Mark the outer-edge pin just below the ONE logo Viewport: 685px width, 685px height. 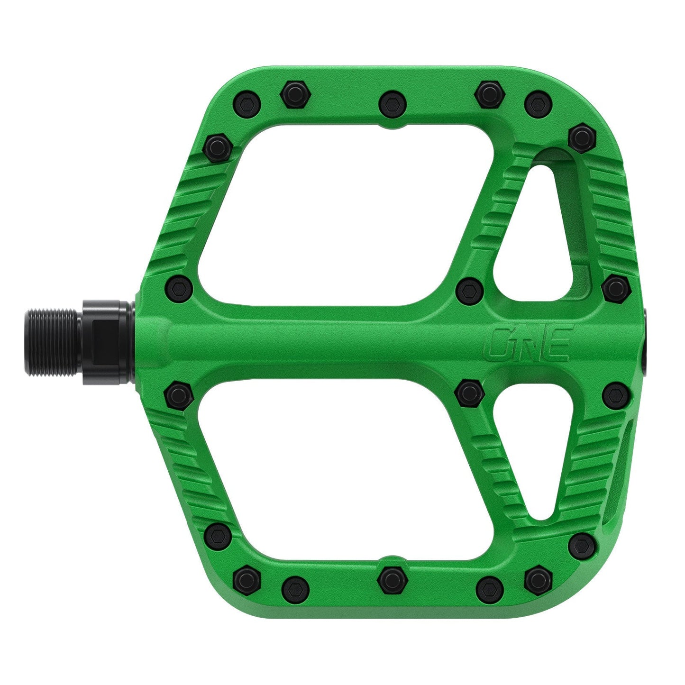coord(616,393)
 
